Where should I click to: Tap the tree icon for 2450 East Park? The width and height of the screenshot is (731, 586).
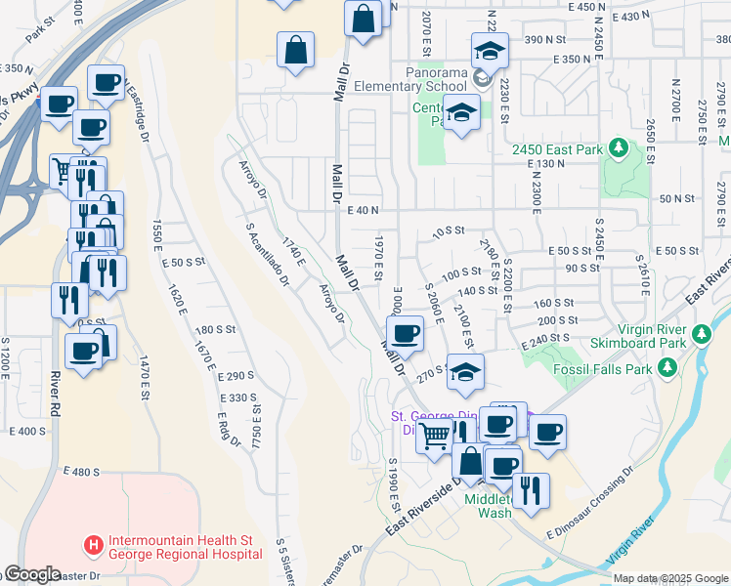coord(618,147)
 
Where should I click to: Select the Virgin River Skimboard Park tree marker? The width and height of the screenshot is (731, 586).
coord(701,335)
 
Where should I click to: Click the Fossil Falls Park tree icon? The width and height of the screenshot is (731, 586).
coord(667,367)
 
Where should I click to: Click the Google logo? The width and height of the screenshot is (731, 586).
coord(31,575)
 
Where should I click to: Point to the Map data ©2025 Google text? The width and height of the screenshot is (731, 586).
coord(669,578)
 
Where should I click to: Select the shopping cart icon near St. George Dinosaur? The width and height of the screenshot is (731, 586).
coord(434,435)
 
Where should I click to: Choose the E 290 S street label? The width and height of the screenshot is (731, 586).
coord(236,375)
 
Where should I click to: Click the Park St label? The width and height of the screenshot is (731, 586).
coord(40,28)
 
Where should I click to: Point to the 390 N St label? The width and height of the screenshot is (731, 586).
coord(546,39)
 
